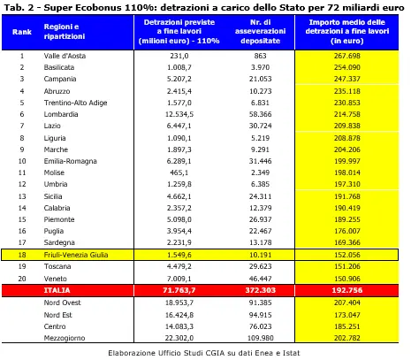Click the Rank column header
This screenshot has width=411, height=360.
coord(22,32)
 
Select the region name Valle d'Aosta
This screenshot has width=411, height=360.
coord(65,56)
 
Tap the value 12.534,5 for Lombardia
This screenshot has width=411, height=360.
coord(179,114)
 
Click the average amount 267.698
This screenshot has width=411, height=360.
coord(347,56)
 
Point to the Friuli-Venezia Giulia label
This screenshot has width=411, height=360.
coord(76,255)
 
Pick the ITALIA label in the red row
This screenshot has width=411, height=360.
coord(57,290)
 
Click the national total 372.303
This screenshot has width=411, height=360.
coord(261,290)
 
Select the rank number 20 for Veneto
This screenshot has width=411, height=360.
coord(22,279)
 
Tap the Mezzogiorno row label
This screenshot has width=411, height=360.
coord(65,338)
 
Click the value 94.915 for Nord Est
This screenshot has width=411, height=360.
coord(260,315)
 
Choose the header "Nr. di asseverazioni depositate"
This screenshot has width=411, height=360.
coord(261,32)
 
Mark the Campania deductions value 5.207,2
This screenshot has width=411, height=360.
coord(179,79)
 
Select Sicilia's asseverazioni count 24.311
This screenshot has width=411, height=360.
coord(260,196)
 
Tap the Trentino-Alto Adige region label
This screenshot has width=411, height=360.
coord(75,103)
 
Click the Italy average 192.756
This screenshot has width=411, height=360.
coord(347,290)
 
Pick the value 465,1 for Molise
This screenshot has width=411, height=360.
coord(179,172)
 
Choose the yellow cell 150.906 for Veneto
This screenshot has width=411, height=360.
coord(347,279)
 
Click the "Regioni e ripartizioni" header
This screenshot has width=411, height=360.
coord(65,32)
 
